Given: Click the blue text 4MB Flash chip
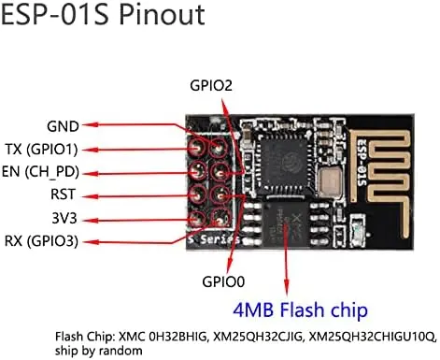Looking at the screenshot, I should point(301,310).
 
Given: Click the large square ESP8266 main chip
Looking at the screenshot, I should point(283,158).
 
